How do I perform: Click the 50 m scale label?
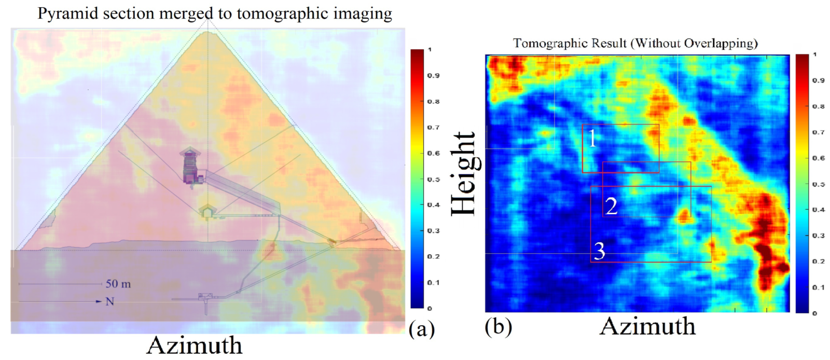(x=118, y=284)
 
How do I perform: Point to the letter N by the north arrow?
(x=109, y=301)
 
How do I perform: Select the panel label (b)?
(x=499, y=326)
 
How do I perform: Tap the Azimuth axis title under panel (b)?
(x=647, y=326)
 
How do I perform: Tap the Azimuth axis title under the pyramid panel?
(x=195, y=345)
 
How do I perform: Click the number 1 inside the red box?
(x=592, y=139)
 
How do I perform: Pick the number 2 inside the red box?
(x=612, y=206)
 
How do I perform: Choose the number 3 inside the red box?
(x=600, y=251)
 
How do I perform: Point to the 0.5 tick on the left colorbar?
(x=433, y=179)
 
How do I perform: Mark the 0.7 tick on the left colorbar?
(x=433, y=128)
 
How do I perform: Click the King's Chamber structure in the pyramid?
(x=191, y=167)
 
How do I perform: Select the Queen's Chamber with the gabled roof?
(x=207, y=212)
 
